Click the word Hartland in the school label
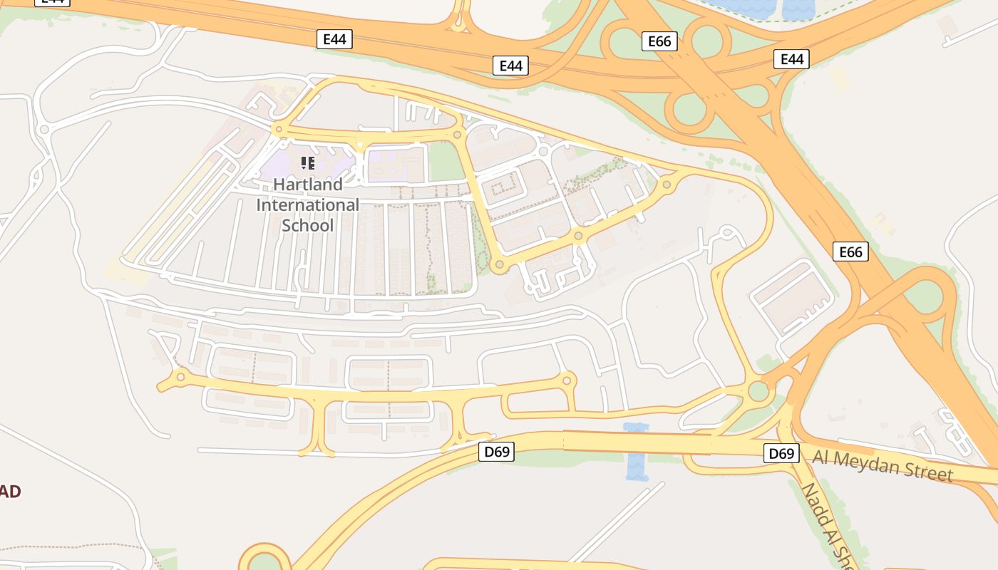coord(308,185)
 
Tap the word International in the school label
coord(308,205)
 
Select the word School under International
coord(308,225)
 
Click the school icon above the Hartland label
coord(308,163)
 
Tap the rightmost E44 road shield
coord(792,59)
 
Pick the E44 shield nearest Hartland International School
coord(334,39)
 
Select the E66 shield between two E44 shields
coord(659,41)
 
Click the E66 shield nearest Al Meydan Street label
coord(850,252)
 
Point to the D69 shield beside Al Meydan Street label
coord(781,453)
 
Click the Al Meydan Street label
coord(883,466)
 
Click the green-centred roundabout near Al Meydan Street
coord(758,390)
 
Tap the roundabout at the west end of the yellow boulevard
coord(180,377)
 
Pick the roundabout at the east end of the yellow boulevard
coord(567,380)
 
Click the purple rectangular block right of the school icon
coord(396,164)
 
